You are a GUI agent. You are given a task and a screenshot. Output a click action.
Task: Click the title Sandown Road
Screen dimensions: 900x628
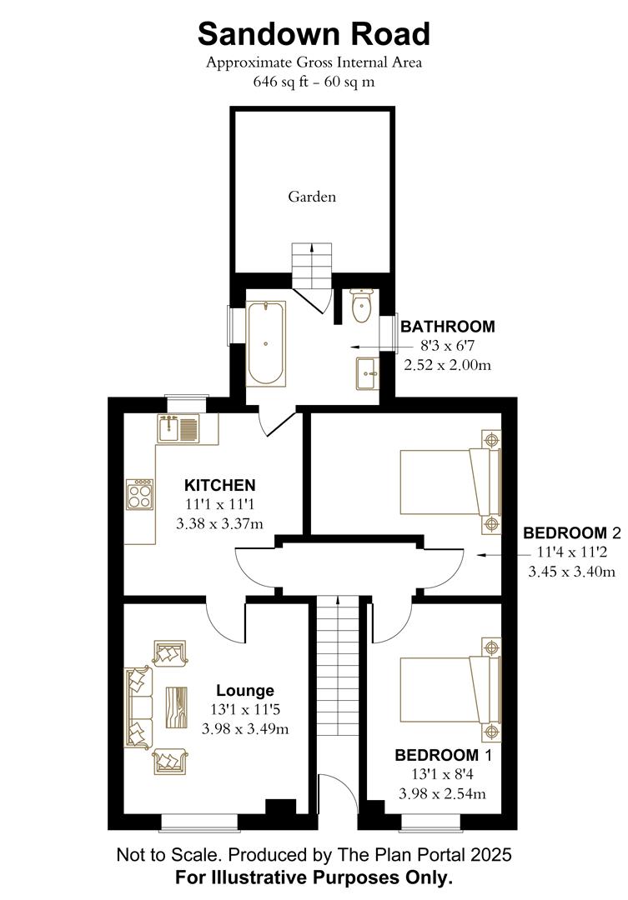pyautogui.click(x=314, y=34)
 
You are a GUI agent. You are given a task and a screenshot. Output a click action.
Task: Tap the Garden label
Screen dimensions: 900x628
pyautogui.click(x=312, y=197)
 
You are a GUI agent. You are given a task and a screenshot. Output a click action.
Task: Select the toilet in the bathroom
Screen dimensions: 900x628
pyautogui.click(x=361, y=307)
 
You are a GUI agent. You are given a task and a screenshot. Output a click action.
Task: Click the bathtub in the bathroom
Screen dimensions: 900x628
pyautogui.click(x=266, y=343)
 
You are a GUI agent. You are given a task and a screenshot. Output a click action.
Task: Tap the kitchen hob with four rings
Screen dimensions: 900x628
pyautogui.click(x=138, y=495)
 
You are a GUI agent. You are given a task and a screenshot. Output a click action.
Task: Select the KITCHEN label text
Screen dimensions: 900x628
pyautogui.click(x=219, y=485)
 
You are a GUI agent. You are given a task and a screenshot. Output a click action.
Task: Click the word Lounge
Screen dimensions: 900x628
pyautogui.click(x=245, y=691)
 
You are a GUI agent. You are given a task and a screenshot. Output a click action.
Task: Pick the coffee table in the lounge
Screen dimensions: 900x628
pyautogui.click(x=178, y=707)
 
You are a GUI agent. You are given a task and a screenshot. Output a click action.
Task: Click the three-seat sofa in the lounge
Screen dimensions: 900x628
pyautogui.click(x=138, y=707)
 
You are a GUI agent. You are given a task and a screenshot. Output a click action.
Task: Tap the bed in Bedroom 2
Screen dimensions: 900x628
pyautogui.click(x=450, y=482)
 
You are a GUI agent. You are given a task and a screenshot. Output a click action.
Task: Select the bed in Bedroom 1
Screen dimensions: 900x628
pyautogui.click(x=450, y=689)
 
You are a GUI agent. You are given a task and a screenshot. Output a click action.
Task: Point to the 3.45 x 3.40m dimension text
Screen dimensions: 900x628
pyautogui.click(x=572, y=572)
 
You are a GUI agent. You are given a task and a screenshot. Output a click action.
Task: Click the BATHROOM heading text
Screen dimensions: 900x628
pyautogui.click(x=448, y=327)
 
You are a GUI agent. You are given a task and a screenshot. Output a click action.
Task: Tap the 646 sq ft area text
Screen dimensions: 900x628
pyautogui.click(x=314, y=82)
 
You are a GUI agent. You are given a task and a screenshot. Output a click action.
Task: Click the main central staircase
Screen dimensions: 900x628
pyautogui.click(x=337, y=667)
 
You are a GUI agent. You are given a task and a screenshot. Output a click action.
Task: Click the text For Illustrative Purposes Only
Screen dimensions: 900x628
pyautogui.click(x=314, y=877)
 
